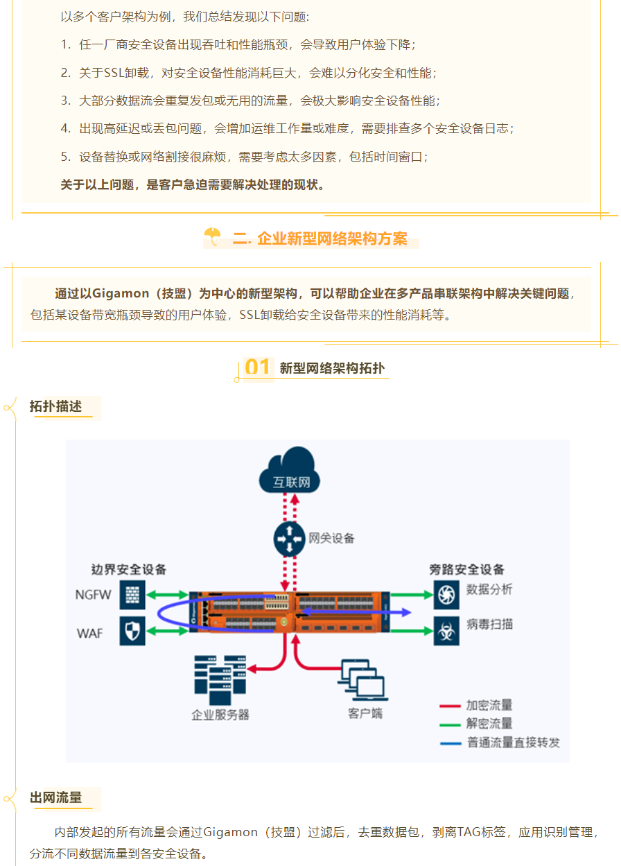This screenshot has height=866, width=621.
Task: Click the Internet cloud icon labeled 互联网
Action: [290, 470]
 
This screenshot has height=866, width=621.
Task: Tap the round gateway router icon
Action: [289, 539]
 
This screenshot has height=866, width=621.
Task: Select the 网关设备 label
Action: [331, 538]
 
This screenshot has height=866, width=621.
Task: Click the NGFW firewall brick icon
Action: [132, 595]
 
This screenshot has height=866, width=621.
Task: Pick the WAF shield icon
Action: [132, 630]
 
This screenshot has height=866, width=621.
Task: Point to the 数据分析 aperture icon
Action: [446, 595]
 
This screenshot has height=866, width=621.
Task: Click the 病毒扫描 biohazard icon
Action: [446, 631]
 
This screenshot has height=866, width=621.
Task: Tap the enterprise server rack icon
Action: [220, 680]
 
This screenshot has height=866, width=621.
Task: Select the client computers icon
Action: [363, 680]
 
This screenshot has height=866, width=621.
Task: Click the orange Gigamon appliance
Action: [290, 612]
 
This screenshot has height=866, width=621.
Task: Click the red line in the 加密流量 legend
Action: [450, 706]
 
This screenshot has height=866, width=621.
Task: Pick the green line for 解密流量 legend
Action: [450, 725]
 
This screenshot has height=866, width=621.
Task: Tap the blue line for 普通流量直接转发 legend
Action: [451, 743]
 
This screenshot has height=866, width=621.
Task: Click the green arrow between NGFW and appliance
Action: [167, 595]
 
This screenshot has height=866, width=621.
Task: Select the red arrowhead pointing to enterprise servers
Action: [252, 669]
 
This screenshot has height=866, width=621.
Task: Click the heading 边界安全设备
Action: [129, 569]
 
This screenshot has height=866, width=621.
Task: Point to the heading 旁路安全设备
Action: [466, 569]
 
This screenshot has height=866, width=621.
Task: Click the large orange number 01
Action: [257, 367]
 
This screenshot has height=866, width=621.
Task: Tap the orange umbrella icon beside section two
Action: [212, 236]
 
